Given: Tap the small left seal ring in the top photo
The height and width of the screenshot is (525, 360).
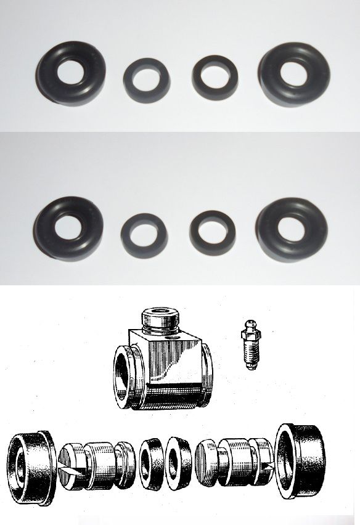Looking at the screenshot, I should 146,78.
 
